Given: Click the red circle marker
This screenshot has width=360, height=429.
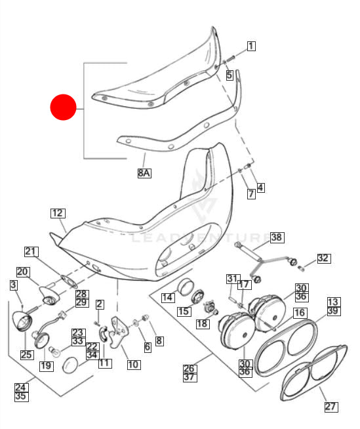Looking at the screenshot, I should point(64,108).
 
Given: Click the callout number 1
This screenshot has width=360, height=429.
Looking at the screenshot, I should point(251,46).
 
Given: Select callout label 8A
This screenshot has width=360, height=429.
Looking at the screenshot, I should point(144,173).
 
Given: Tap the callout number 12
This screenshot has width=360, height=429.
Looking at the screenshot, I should point(58,213).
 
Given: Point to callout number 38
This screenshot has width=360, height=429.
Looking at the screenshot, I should point(276,237).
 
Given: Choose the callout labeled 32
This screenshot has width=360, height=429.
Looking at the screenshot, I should point(323,258).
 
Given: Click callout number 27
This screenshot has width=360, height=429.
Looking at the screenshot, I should point(330,407).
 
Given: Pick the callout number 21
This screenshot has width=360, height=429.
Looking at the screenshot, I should point(31,251).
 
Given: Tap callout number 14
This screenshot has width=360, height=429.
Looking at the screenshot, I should point(168,297).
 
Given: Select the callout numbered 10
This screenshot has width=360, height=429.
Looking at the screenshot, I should point(134,364).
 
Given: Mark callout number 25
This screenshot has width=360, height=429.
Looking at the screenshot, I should point(26,355).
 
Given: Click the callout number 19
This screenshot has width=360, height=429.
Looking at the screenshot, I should point(46,366).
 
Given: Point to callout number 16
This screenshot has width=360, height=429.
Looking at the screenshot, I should point(299,313).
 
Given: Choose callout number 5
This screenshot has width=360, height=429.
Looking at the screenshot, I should point(230,75).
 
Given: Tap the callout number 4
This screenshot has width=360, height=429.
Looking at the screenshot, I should point(260,188).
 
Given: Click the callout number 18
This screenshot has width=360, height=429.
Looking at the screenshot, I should point(202,323).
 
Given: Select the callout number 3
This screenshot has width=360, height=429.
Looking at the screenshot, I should point(13,285).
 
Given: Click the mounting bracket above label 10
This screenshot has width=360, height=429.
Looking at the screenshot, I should point(119,332).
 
